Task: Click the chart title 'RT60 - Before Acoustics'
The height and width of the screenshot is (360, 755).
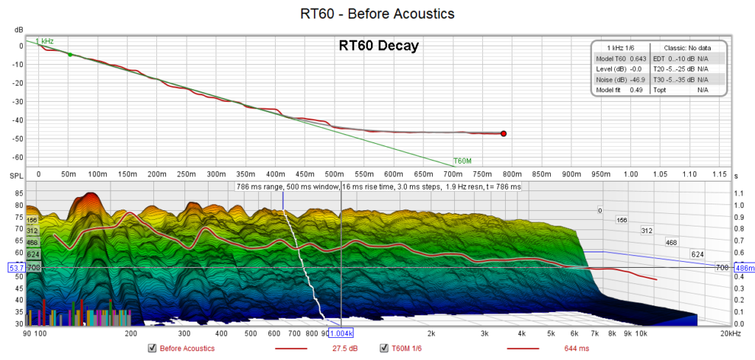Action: click(377, 13)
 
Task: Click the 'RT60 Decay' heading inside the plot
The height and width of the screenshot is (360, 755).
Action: click(378, 46)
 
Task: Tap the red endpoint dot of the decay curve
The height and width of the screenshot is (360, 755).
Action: click(504, 134)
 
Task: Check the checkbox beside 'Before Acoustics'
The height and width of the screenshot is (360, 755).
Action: click(152, 348)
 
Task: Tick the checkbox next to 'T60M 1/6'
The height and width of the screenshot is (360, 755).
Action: click(383, 348)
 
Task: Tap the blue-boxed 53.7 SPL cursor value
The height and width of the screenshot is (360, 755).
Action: click(15, 268)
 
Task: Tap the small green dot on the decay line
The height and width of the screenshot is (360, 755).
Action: click(70, 55)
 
